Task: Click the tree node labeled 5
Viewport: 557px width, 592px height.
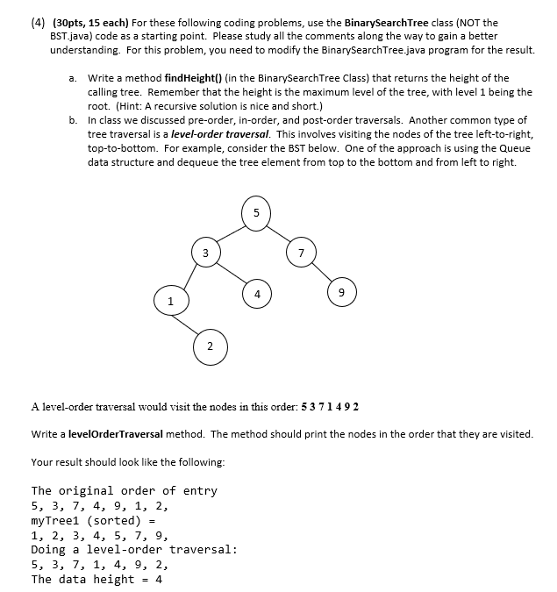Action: [x=255, y=212]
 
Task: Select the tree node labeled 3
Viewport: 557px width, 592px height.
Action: [x=204, y=253]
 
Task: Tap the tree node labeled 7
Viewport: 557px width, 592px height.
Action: [x=301, y=253]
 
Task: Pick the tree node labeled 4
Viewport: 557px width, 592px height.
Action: [x=256, y=293]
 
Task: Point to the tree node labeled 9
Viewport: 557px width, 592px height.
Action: [x=342, y=293]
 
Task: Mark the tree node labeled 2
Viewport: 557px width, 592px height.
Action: [x=209, y=345]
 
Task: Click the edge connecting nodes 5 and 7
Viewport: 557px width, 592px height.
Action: [x=279, y=233]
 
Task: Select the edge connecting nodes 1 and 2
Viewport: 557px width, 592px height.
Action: [x=187, y=324]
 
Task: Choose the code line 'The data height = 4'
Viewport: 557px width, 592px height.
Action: [x=96, y=579]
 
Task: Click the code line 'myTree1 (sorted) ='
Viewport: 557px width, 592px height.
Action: [x=93, y=520]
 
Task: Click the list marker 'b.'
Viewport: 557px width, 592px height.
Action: [x=74, y=120]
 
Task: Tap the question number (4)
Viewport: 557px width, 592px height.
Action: [x=14, y=23]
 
